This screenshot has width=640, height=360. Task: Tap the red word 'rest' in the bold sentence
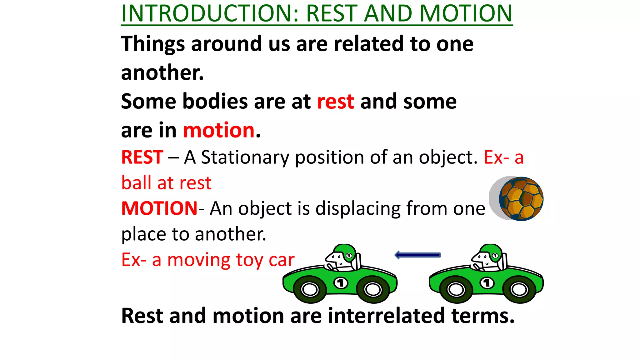336,102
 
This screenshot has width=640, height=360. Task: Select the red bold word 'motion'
219,130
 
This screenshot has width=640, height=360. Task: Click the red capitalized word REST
142,157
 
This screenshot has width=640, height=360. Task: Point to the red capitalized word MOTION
159,208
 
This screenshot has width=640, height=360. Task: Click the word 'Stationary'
245,157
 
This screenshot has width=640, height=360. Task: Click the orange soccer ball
521,199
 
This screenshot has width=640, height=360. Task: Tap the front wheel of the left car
310,289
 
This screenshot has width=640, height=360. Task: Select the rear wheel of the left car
373,289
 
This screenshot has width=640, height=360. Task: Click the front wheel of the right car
456,289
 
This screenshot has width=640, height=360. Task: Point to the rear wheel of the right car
519,289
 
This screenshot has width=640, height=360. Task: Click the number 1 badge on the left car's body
341,283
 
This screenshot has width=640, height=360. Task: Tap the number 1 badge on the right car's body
487,283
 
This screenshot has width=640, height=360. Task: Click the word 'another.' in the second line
162,73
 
